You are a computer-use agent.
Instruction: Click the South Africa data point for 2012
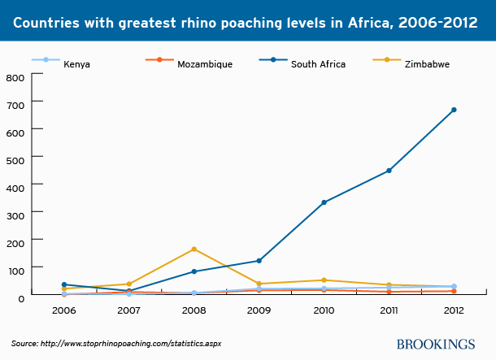(x=454, y=110)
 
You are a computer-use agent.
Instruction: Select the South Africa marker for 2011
(x=389, y=171)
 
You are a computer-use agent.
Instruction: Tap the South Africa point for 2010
(x=324, y=202)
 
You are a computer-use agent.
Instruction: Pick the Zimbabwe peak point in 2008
(x=194, y=249)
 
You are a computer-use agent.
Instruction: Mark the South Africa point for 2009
(x=259, y=261)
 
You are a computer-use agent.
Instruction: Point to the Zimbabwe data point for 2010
(x=324, y=280)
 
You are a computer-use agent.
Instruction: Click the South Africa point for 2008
(x=194, y=271)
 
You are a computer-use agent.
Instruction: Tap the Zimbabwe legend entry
(x=424, y=62)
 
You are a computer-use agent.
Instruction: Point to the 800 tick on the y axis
(x=15, y=77)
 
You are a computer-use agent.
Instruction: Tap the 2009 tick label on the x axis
(x=259, y=310)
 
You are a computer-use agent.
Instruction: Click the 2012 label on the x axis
(x=454, y=310)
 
